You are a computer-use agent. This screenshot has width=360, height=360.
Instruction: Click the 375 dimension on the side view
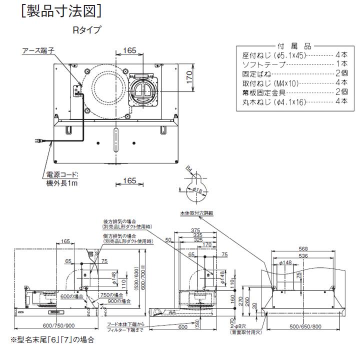point(195,230)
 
